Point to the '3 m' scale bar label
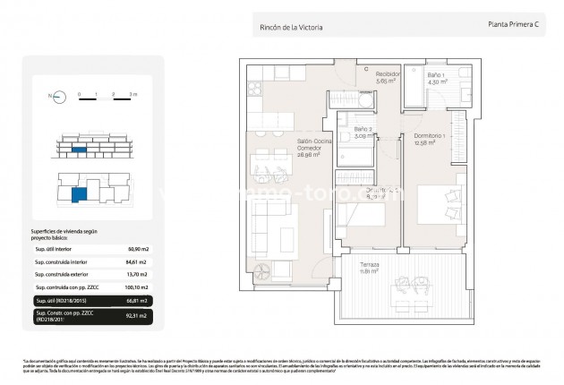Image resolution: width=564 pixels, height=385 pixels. (x=132, y=92)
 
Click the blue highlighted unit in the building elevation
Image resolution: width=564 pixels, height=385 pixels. (x=80, y=150)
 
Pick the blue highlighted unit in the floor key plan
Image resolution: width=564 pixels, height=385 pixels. (x=80, y=192)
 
